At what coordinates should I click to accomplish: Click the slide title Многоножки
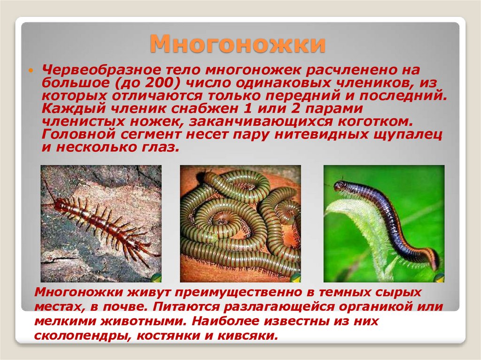click(x=238, y=45)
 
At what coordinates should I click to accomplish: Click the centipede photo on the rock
click(x=101, y=223)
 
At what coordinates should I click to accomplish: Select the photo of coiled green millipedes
click(x=240, y=223)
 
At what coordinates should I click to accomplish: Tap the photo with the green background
click(x=384, y=223)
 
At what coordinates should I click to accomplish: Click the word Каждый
click(x=68, y=108)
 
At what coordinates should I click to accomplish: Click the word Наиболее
click(x=230, y=322)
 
